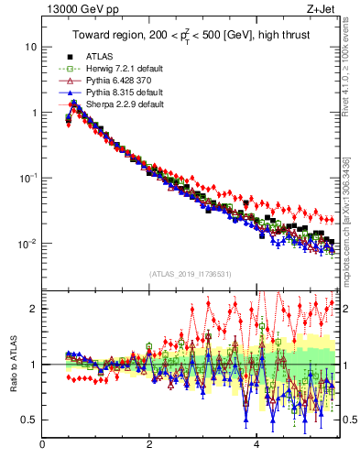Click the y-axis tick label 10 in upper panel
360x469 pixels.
pyautogui.click(x=30, y=47)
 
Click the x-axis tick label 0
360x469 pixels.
pyautogui.click(x=42, y=446)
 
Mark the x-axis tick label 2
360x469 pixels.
pyautogui.click(x=149, y=446)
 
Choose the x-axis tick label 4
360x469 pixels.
pyautogui.click(x=256, y=446)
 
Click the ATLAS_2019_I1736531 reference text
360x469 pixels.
pyautogui.click(x=189, y=274)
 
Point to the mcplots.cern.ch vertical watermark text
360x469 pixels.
pyautogui.click(x=352, y=229)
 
